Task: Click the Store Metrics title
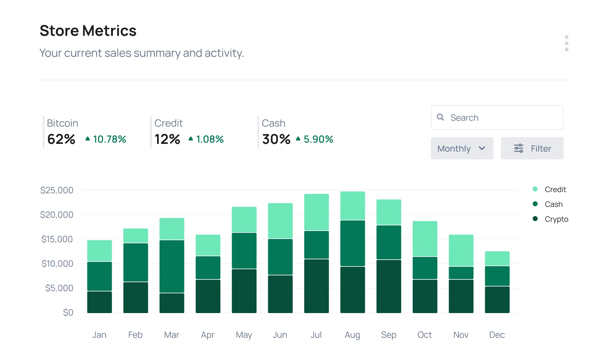(x=88, y=31)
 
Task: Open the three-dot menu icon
(x=566, y=43)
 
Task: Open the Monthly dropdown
(x=462, y=149)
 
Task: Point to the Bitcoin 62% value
(x=61, y=139)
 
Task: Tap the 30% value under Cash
(x=276, y=139)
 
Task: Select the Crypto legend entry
(x=556, y=219)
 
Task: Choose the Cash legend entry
(x=553, y=204)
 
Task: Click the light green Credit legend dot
(x=535, y=189)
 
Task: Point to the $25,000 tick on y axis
(x=57, y=190)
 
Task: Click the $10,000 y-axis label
(x=57, y=264)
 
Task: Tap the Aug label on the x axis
(x=352, y=335)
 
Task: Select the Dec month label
(x=497, y=335)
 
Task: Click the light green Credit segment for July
(x=316, y=212)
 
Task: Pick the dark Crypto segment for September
(x=389, y=286)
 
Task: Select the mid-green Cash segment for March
(x=172, y=266)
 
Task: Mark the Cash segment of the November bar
(x=461, y=273)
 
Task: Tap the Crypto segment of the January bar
(x=99, y=302)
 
